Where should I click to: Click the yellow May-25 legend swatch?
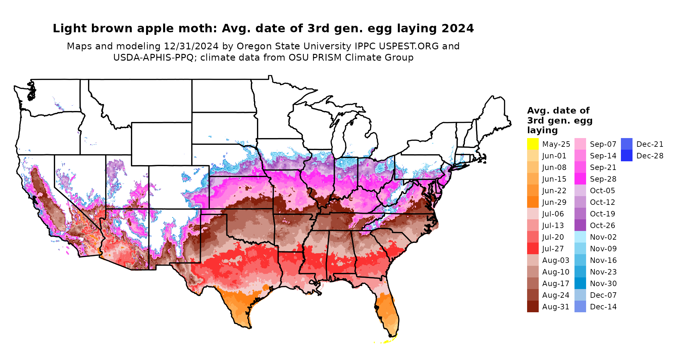click(533, 144)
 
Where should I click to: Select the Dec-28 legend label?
click(650, 156)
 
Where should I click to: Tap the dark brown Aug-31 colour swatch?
click(533, 306)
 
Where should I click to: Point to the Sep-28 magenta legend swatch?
click(580, 179)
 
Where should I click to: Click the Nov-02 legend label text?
click(603, 237)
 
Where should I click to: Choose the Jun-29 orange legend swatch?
click(533, 202)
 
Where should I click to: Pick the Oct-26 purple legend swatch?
click(580, 225)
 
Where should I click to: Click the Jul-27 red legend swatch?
click(533, 248)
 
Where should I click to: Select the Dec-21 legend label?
click(650, 144)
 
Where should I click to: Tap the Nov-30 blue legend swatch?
click(580, 283)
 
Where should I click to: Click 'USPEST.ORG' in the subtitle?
click(409, 46)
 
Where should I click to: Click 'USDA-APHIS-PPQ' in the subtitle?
click(153, 57)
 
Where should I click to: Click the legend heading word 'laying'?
click(542, 130)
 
